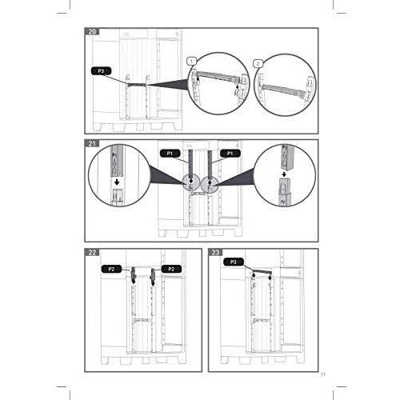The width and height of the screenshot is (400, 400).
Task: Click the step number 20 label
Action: (x=94, y=34)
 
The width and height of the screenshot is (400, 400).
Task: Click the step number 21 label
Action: (x=94, y=145)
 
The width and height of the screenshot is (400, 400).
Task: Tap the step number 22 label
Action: (x=94, y=254)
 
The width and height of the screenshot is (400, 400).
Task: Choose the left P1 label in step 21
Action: (x=170, y=152)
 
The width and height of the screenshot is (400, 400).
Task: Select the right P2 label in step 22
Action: (x=170, y=270)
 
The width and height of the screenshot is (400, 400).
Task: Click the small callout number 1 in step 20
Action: (x=191, y=61)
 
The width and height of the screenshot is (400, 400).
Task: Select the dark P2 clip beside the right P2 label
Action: (x=151, y=277)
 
